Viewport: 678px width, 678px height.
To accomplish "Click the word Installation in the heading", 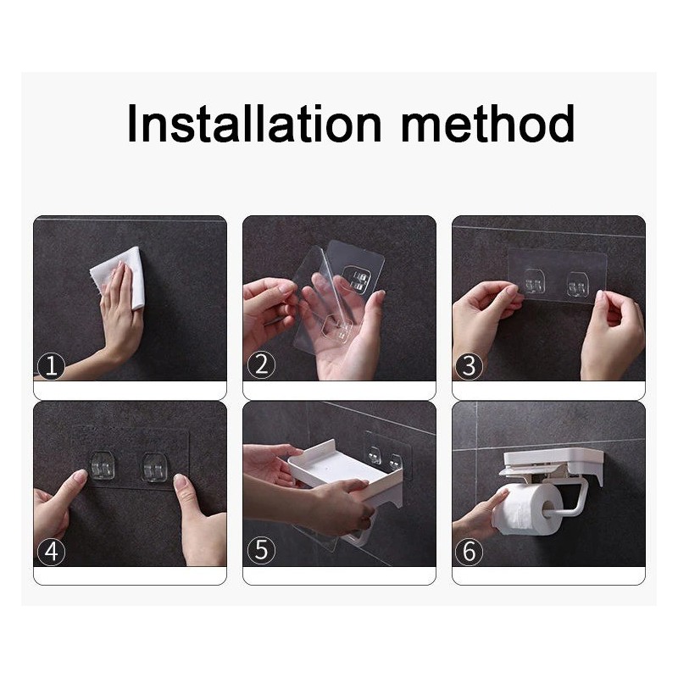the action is tap(254, 123).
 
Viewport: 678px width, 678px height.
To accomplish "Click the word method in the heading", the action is tap(488, 123).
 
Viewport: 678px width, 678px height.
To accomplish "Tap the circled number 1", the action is tap(51, 366).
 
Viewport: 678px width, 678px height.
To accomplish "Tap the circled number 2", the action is tap(261, 365).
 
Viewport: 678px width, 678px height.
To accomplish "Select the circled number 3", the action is tap(470, 366).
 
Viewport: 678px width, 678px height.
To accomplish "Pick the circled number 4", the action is tap(51, 552).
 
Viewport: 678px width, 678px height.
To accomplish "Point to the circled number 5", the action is tap(261, 550).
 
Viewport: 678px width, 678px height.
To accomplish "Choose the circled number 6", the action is tap(470, 552).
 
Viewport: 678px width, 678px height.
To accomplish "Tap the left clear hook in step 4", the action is tap(102, 465).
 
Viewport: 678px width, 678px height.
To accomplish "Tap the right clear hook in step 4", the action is tap(154, 468).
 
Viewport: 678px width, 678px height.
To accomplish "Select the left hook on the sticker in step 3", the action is tap(535, 282).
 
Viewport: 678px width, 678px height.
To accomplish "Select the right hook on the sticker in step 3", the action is tap(577, 286).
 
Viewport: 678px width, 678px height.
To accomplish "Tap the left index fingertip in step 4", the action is tap(80, 476).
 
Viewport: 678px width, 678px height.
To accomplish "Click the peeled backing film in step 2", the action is tap(315, 298).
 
